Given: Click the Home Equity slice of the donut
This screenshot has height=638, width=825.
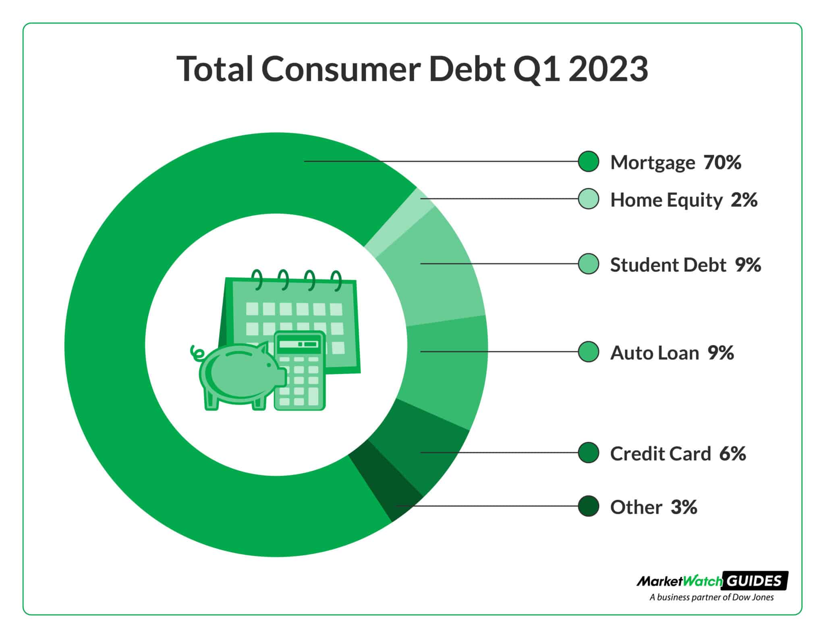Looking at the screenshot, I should (399, 224).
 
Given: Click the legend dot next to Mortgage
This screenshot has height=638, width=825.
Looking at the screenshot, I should (588, 162).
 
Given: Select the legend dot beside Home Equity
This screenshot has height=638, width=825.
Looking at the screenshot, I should (588, 199).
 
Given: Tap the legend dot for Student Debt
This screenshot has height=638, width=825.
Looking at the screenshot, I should (588, 264).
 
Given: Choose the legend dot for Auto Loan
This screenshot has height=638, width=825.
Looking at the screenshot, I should (588, 352).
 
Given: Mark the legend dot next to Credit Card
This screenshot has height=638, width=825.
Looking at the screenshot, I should (588, 453).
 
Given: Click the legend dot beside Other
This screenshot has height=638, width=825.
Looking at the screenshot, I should (588, 506).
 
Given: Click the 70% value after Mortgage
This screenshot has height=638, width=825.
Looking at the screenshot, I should (722, 162).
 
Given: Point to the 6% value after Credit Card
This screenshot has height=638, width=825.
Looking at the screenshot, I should (732, 453).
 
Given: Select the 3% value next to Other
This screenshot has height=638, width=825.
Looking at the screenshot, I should (684, 507).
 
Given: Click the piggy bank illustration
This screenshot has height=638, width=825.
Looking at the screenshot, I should (238, 375).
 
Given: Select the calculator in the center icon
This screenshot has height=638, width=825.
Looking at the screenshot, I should (299, 371).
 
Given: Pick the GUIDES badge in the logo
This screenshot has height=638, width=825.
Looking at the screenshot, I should (755, 581).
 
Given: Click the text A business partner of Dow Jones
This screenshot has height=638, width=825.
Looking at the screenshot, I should (711, 597).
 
